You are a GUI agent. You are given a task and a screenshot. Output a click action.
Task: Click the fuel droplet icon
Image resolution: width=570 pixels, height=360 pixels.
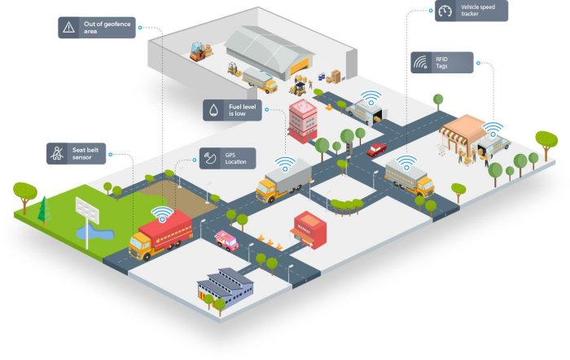point(214,110)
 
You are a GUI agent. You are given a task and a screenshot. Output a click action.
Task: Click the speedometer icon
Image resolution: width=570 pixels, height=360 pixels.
point(445,11)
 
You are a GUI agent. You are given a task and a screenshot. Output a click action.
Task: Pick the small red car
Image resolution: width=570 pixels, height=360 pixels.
point(376,149)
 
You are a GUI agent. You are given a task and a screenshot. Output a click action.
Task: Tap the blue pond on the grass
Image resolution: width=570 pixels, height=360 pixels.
point(94,235)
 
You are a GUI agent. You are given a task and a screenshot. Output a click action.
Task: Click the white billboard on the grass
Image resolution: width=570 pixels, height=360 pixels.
point(86,210)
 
